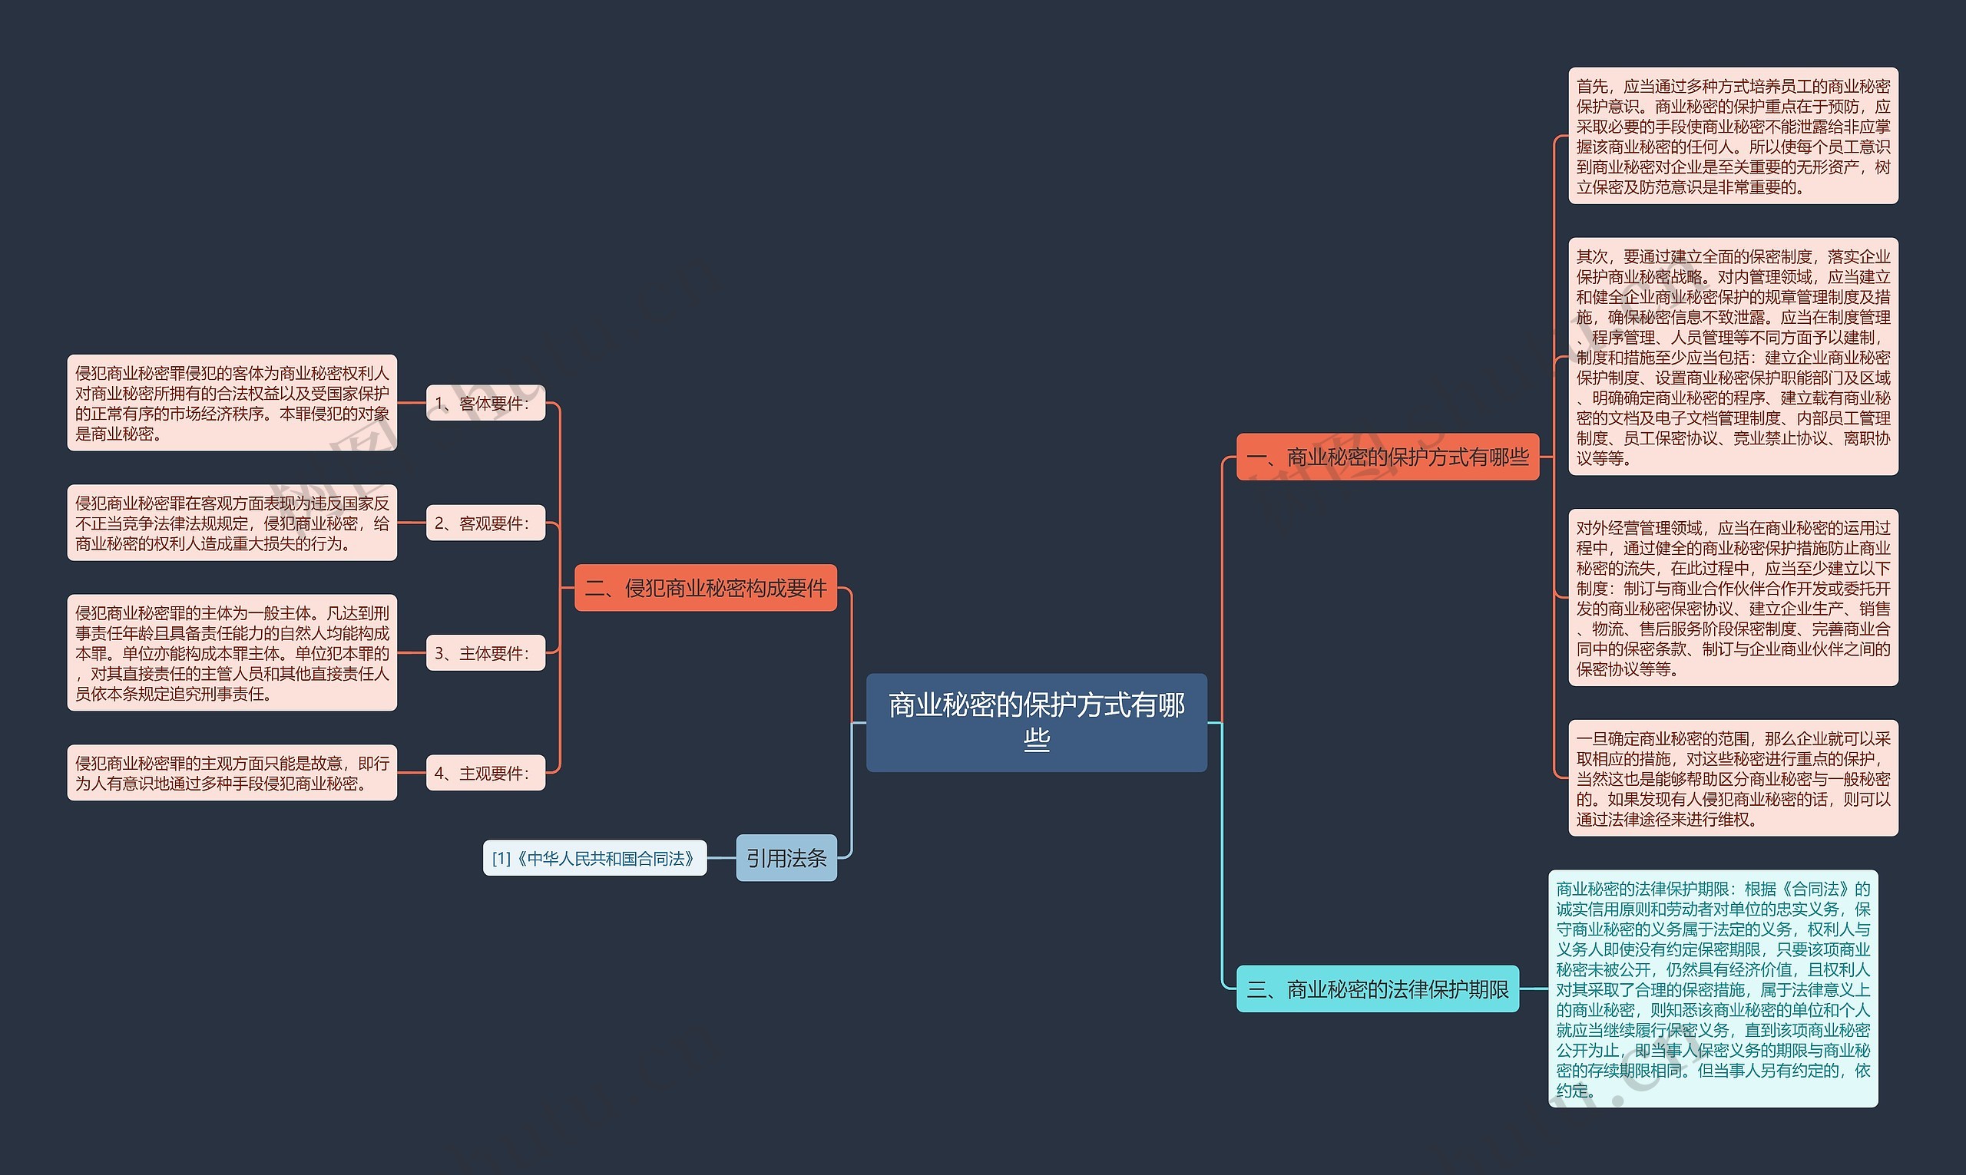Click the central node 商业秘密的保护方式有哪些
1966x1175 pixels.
point(1036,722)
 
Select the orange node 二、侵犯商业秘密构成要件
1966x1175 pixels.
point(705,588)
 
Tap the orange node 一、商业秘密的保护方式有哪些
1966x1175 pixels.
point(1387,457)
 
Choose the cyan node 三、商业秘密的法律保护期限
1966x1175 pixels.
point(1378,989)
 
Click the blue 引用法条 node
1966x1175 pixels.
point(786,857)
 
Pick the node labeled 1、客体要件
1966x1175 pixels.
point(485,403)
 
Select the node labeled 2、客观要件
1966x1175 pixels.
point(485,523)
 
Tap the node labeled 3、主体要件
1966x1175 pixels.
point(485,653)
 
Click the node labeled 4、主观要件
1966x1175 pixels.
point(485,773)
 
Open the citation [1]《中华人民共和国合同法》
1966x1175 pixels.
point(594,858)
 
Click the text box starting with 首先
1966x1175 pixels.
point(1733,136)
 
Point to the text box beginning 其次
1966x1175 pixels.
point(1733,357)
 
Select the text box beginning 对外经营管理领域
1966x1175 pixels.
point(1733,598)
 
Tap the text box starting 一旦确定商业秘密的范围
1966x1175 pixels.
point(1733,778)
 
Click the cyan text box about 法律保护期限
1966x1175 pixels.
point(1713,989)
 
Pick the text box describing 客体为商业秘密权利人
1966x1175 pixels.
point(232,403)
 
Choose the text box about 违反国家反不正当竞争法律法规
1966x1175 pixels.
point(232,523)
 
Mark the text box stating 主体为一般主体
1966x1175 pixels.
point(232,653)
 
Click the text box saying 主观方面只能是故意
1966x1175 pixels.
point(232,773)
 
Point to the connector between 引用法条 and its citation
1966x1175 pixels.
point(721,857)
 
